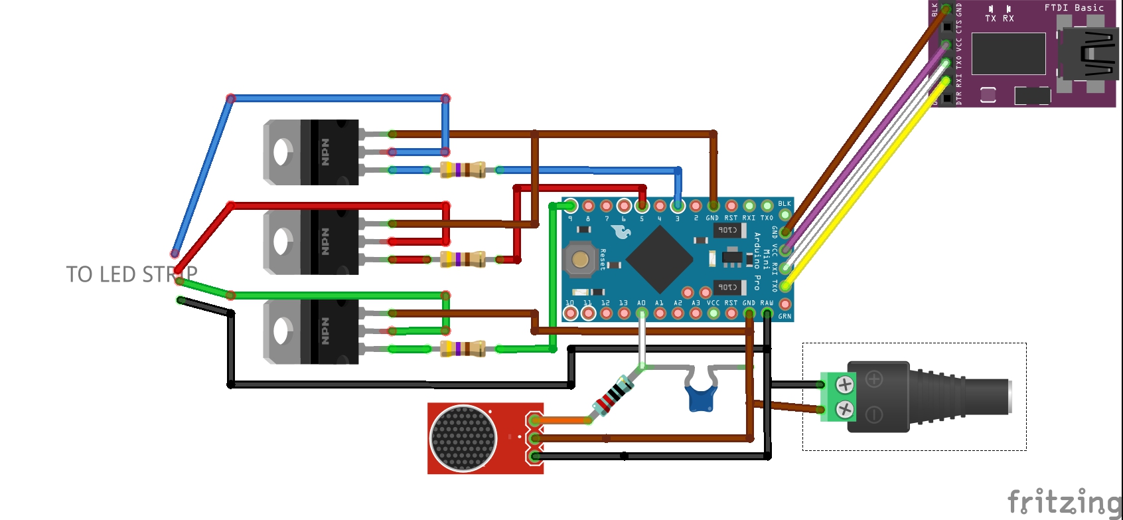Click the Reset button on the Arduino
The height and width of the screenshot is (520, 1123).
pyautogui.click(x=580, y=259)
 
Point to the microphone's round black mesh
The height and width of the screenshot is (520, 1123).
pyautogui.click(x=463, y=438)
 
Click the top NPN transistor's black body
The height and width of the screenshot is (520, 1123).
pyautogui.click(x=330, y=152)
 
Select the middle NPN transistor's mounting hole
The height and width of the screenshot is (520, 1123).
pyautogui.click(x=282, y=242)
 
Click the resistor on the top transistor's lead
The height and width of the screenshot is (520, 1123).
pyautogui.click(x=463, y=169)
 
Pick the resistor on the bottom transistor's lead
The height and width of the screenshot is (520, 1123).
pyautogui.click(x=463, y=349)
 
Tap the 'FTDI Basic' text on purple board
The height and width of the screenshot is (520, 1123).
pyautogui.click(x=1073, y=8)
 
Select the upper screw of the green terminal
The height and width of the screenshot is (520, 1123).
pyautogui.click(x=844, y=385)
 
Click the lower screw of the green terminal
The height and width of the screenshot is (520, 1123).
pyautogui.click(x=844, y=409)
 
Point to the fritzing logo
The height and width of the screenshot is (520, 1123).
pyautogui.click(x=1063, y=501)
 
